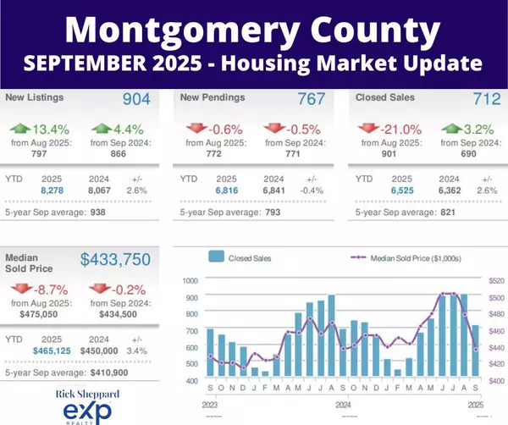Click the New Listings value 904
pyautogui.click(x=136, y=99)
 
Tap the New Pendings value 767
pyautogui.click(x=312, y=99)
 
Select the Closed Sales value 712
pyautogui.click(x=487, y=99)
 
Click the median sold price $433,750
pyautogui.click(x=115, y=259)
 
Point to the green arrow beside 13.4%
pyautogui.click(x=20, y=129)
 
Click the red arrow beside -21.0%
pyautogui.click(x=368, y=129)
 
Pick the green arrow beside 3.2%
pyautogui.click(x=452, y=129)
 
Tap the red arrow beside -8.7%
pyautogui.click(x=21, y=289)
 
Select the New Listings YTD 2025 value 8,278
pyautogui.click(x=52, y=190)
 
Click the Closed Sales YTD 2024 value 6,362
pyautogui.click(x=450, y=190)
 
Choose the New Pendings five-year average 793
pyautogui.click(x=273, y=212)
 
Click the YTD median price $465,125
pyautogui.click(x=52, y=350)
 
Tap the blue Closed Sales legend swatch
pyautogui.click(x=217, y=257)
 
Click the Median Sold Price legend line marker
pyautogui.click(x=358, y=257)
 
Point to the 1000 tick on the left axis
pyautogui.click(x=190, y=280)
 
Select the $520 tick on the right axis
pyautogui.click(x=496, y=280)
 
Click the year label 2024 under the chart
pyautogui.click(x=343, y=405)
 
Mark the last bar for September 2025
pyautogui.click(x=475, y=350)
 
